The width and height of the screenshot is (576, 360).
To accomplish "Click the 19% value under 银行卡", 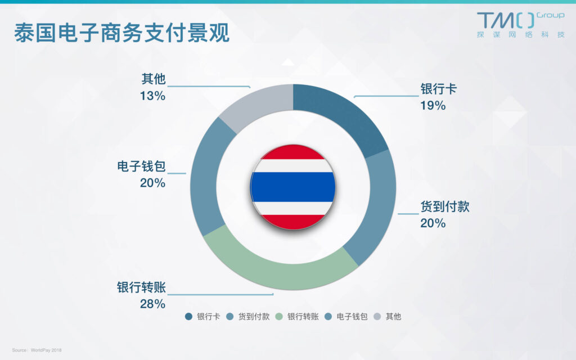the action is (x=433, y=106).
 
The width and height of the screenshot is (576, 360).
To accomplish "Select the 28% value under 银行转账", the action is (x=152, y=304).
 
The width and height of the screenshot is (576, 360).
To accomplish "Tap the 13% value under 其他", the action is (x=152, y=96).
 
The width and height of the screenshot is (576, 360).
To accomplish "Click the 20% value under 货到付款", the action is (x=433, y=223).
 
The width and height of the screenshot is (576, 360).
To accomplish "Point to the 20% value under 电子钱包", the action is (x=152, y=183).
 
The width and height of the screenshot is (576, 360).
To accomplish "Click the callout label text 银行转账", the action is (x=141, y=287).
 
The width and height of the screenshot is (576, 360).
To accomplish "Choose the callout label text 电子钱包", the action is (x=141, y=166).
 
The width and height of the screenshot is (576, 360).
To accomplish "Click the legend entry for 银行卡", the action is (x=202, y=317).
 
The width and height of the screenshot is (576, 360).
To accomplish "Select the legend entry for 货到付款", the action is (x=248, y=317).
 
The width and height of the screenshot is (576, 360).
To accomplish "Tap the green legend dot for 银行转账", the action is (x=279, y=317).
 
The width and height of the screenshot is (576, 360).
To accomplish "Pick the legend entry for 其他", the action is (x=387, y=317).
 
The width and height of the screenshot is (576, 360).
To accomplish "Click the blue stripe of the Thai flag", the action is (x=293, y=187).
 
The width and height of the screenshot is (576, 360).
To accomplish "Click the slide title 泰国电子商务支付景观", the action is (x=122, y=33).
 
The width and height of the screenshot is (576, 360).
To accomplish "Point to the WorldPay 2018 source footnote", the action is (x=37, y=350).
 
